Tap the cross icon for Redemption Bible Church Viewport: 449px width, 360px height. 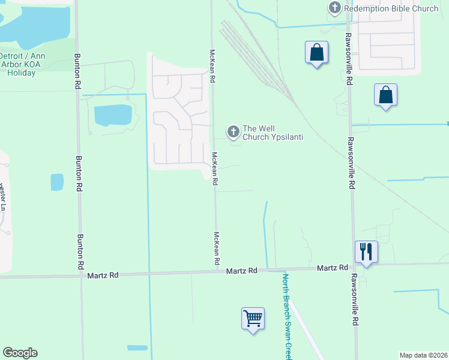tap(335, 8)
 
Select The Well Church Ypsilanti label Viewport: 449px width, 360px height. tap(272, 133)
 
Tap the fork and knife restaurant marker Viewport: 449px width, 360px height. tap(366, 251)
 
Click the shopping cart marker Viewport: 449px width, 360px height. tap(253, 317)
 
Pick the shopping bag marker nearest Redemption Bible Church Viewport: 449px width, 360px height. tap(316, 53)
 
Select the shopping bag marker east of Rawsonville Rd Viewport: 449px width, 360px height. tap(385, 95)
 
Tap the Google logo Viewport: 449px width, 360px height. tap(20, 353)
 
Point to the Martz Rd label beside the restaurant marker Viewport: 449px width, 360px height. tap(333, 268)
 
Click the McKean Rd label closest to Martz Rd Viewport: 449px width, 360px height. tap(217, 249)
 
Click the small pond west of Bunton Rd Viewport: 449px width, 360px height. tap(57, 181)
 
